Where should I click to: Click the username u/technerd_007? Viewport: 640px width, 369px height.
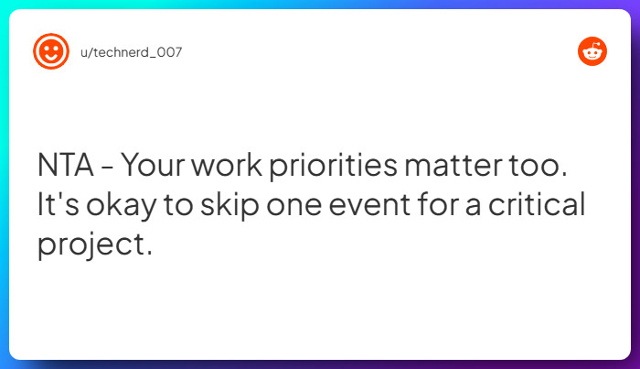point(131,52)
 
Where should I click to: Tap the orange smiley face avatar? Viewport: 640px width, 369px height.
point(51,51)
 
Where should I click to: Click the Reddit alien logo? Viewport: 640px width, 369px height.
point(592,51)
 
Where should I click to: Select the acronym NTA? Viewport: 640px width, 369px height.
point(65,165)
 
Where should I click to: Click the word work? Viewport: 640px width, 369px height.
point(227,165)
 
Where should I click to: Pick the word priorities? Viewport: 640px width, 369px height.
point(333,167)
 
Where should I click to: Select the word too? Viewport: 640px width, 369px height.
point(538,166)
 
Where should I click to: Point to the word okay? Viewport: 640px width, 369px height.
point(122,205)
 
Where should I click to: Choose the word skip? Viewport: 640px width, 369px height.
point(229,205)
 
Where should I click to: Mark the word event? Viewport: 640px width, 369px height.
point(369,205)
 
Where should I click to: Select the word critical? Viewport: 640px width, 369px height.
point(537,203)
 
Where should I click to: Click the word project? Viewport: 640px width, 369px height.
point(91,244)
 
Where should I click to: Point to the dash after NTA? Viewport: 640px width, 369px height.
point(107,168)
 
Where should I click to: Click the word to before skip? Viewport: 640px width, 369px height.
point(178,205)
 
